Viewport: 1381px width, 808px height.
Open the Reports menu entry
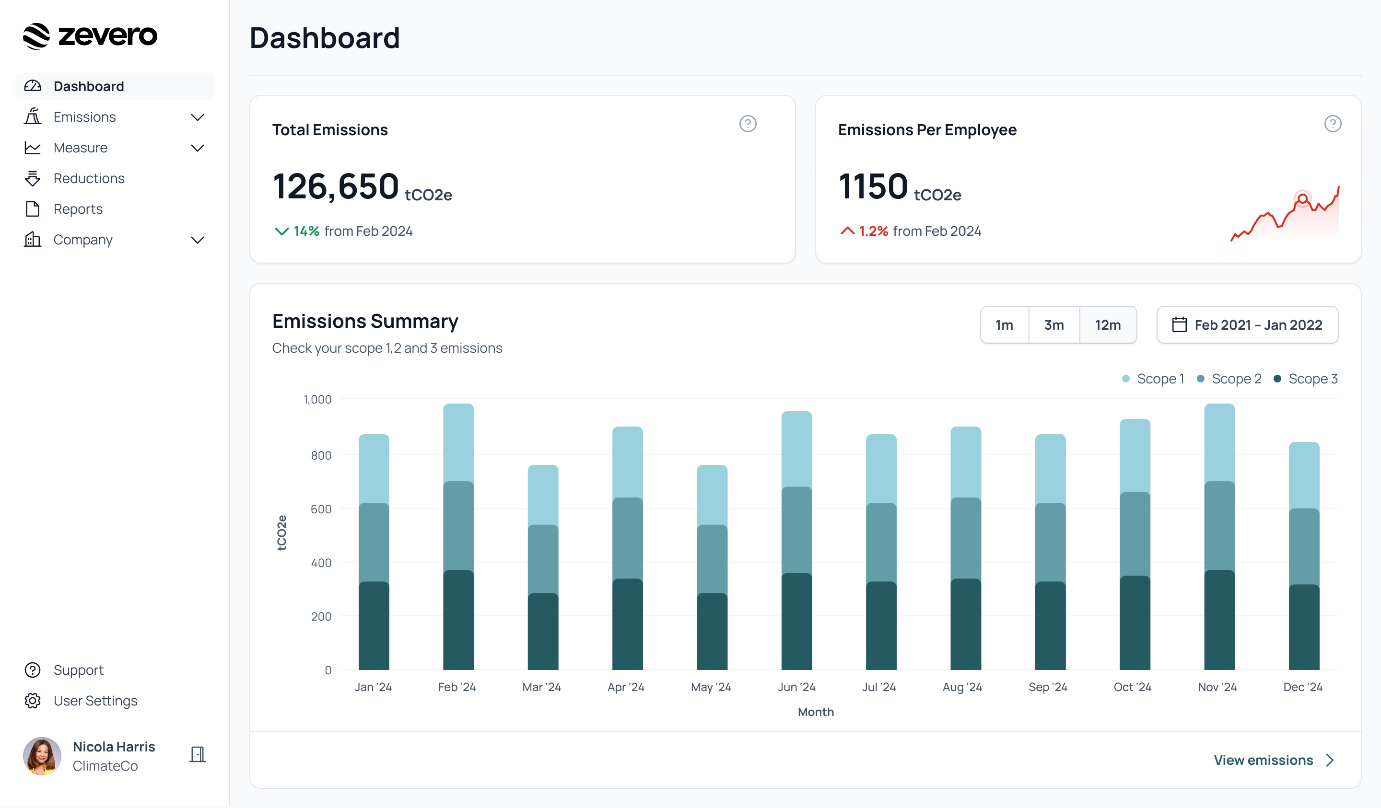[x=78, y=209]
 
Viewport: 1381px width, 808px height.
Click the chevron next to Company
[x=197, y=240]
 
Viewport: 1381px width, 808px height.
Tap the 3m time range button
[x=1053, y=325]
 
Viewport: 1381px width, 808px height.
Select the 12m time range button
[x=1107, y=325]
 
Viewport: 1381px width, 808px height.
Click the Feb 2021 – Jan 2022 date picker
[x=1247, y=325]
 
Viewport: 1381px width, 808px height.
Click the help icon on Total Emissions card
[x=748, y=124]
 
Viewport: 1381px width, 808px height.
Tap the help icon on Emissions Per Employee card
[x=1332, y=124]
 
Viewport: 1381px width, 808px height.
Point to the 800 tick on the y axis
[x=321, y=455]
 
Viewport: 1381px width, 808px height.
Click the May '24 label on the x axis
[x=711, y=687]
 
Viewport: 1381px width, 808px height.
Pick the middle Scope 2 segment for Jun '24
[x=796, y=530]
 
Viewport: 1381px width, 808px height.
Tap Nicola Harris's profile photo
[x=42, y=755]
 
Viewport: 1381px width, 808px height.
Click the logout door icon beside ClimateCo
[x=197, y=754]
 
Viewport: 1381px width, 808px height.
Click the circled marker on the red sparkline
[x=1302, y=198]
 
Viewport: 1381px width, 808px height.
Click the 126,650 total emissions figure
[x=335, y=186]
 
